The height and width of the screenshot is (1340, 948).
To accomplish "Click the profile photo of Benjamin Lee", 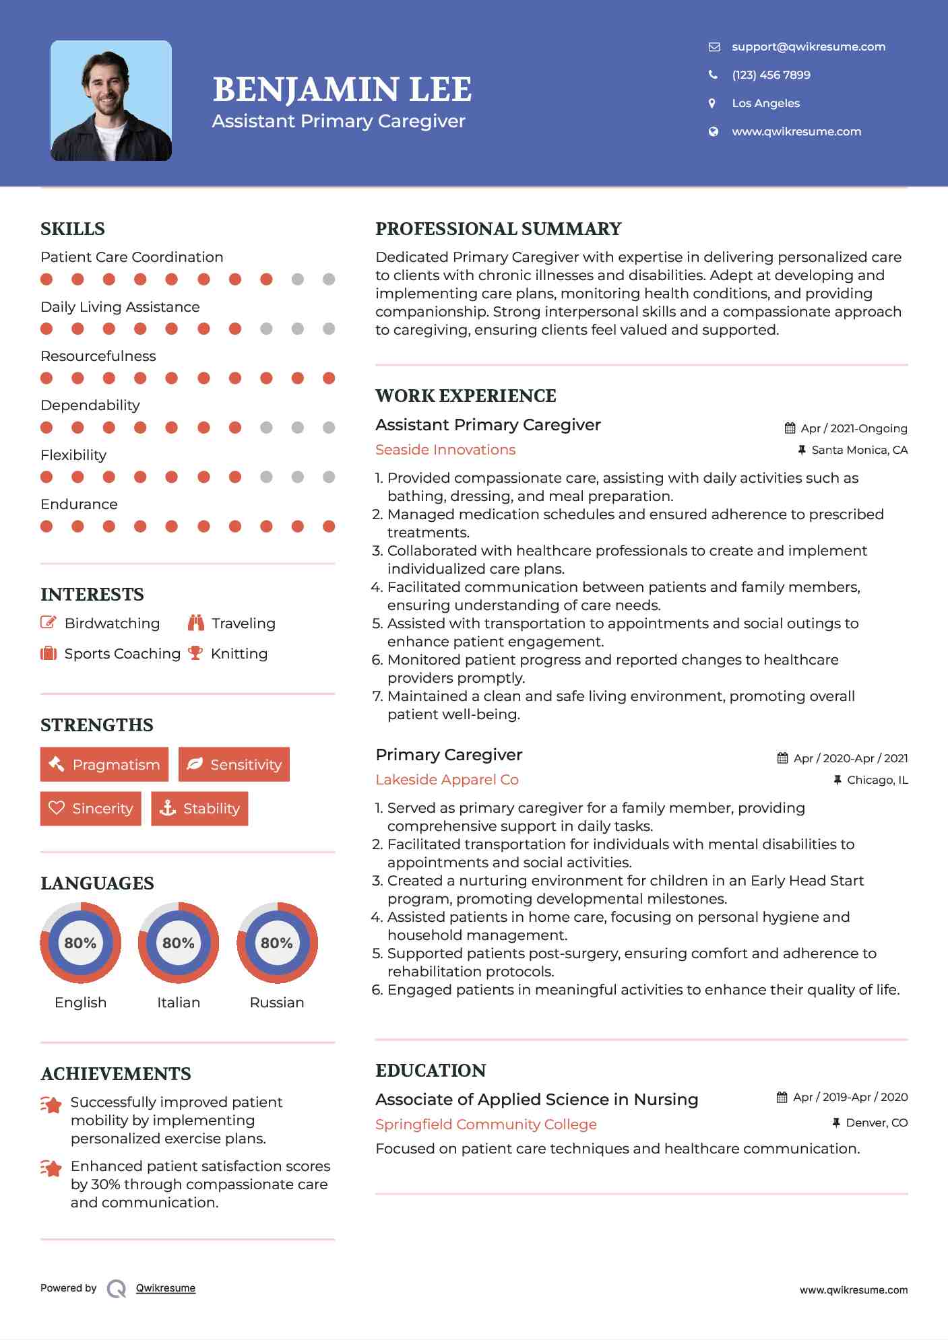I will coord(111,101).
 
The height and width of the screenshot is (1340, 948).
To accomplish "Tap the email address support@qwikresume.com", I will coord(808,46).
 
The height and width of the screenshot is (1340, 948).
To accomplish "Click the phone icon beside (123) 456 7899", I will coord(713,75).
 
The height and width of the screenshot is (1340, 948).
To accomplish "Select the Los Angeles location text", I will coord(765,103).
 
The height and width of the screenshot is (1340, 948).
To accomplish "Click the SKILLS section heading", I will coord(73,229).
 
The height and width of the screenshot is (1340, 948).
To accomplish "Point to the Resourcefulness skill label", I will coord(98,356).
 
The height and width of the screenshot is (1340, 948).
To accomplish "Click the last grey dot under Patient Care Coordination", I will coord(329,279).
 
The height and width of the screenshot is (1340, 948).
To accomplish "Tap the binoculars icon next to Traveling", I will coord(196,623).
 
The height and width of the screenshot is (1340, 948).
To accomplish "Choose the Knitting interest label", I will coord(239,654).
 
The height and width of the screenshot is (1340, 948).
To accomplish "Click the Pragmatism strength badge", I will coord(104,764).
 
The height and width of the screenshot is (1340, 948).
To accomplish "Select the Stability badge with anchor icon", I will coord(199,808).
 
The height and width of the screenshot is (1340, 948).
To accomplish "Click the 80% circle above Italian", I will coord(179,943).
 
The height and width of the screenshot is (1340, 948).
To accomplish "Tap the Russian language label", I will coord(276,1002).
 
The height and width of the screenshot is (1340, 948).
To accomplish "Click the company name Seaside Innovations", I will coord(445,450).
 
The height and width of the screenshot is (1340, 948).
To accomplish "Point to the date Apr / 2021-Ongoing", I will coord(853,428).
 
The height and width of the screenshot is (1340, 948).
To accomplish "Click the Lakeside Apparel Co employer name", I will coord(447,780).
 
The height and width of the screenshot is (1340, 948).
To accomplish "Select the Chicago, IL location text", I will coord(877,780).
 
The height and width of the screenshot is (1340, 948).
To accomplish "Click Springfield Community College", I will coord(486,1125).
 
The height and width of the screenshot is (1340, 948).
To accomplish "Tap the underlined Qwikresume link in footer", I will coord(166,1288).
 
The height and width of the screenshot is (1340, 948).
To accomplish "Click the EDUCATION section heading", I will coord(431,1071).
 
